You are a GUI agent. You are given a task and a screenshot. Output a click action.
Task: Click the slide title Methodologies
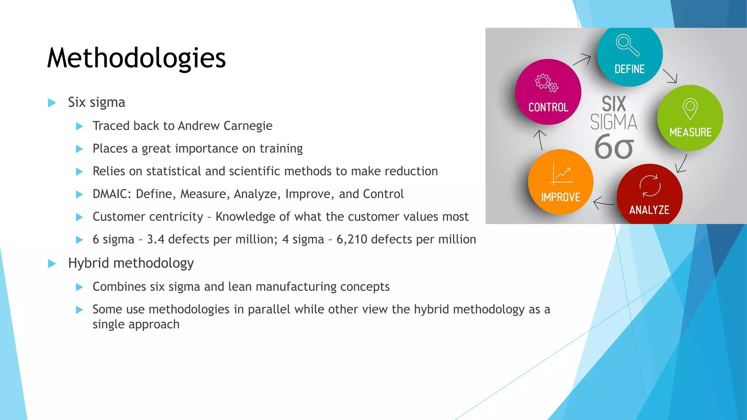[x=136, y=58]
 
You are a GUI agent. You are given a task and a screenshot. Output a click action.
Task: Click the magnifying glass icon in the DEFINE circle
[x=627, y=45]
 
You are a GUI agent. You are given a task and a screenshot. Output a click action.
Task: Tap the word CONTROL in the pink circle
[x=548, y=107]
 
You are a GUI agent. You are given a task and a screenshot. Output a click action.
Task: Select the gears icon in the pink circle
[x=546, y=82]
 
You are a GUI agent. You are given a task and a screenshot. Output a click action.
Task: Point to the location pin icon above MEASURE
[x=690, y=108]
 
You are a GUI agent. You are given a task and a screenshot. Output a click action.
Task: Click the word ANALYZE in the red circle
[x=649, y=210]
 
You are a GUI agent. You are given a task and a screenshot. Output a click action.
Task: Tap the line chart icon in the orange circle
[x=562, y=174]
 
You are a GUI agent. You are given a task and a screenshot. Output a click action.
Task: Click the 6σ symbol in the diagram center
[x=614, y=147]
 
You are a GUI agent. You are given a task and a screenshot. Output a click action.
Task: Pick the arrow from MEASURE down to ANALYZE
[x=681, y=163]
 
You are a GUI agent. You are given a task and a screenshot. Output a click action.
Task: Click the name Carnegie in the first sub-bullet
[x=248, y=126]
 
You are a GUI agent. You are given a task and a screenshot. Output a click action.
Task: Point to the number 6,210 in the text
[x=352, y=240]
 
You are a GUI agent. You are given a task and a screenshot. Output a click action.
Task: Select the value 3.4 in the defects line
[x=155, y=240]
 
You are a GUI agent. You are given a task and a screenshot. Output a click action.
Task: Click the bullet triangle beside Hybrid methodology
[x=52, y=264]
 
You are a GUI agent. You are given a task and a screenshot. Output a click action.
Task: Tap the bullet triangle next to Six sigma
[x=52, y=103]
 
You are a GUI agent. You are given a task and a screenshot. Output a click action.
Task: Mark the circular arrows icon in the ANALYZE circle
[x=650, y=186]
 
